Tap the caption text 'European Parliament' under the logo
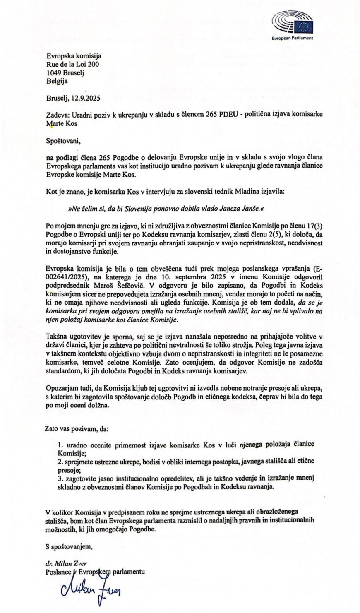292,38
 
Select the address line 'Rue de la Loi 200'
73,65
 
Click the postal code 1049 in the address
54,73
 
